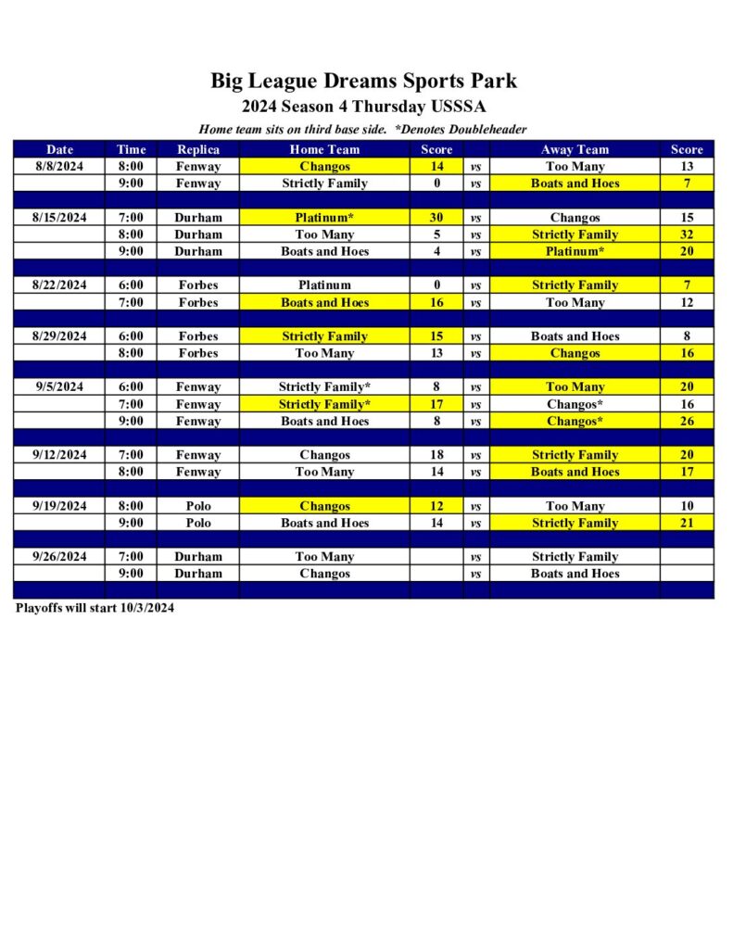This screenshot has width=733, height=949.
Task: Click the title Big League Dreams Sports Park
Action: pyautogui.click(x=363, y=81)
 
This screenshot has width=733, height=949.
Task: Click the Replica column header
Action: pyautogui.click(x=198, y=149)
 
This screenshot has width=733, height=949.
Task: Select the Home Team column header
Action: pyautogui.click(x=324, y=149)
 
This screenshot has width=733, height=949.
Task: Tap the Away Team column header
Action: pyautogui.click(x=575, y=149)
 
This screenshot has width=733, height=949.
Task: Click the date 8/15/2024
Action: pyautogui.click(x=59, y=218)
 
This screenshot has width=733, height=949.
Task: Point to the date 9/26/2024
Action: pyautogui.click(x=59, y=557)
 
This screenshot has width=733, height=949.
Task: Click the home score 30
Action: pyautogui.click(x=436, y=218)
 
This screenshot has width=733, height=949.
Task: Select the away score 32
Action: pyautogui.click(x=687, y=234)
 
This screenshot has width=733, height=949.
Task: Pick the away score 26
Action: pyautogui.click(x=687, y=421)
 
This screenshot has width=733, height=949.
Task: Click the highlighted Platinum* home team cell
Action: pyautogui.click(x=324, y=218)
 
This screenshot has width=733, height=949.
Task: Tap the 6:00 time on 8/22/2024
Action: pyautogui.click(x=131, y=285)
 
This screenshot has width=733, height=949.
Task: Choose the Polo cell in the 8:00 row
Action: pyautogui.click(x=198, y=506)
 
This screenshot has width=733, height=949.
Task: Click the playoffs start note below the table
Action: pyautogui.click(x=95, y=609)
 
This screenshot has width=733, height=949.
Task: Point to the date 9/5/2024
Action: pyautogui.click(x=59, y=387)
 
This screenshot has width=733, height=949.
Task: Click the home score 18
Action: pyautogui.click(x=436, y=455)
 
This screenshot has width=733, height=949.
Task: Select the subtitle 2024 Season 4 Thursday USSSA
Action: pyautogui.click(x=363, y=107)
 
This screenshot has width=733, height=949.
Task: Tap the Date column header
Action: pyautogui.click(x=59, y=149)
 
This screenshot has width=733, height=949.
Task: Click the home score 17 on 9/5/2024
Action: pyautogui.click(x=436, y=404)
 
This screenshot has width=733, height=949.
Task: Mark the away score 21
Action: pyautogui.click(x=687, y=523)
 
